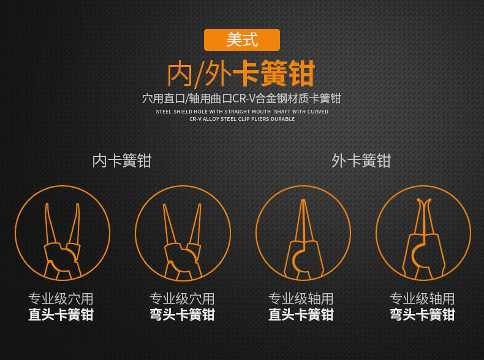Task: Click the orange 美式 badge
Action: tap(241, 40)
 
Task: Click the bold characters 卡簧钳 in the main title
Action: tap(274, 74)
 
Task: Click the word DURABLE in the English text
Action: tap(283, 119)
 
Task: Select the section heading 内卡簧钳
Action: tap(121, 161)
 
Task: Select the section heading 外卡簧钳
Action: tap(361, 161)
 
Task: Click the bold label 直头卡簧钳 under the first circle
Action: tap(61, 315)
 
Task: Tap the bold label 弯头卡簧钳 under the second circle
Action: tap(182, 315)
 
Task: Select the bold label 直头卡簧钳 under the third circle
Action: tap(301, 315)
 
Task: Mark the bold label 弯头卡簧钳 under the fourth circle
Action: tap(422, 315)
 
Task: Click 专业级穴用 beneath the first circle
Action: tap(61, 299)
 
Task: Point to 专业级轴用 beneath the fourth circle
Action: tap(422, 299)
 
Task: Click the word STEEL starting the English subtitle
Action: tap(164, 112)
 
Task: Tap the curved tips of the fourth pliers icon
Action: tap(423, 202)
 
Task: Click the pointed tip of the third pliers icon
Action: tap(303, 201)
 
